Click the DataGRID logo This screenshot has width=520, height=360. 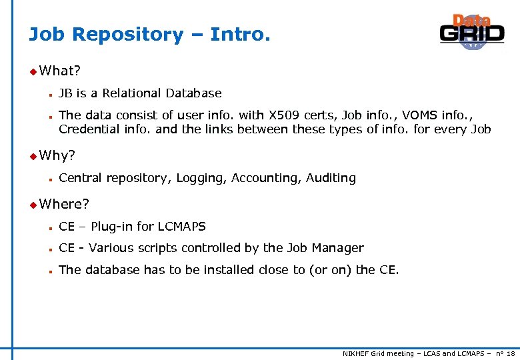(471, 31)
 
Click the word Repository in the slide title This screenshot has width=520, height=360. (127, 35)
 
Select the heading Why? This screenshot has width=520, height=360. (57, 156)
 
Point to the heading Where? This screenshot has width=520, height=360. (64, 203)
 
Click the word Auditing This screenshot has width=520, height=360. (331, 178)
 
